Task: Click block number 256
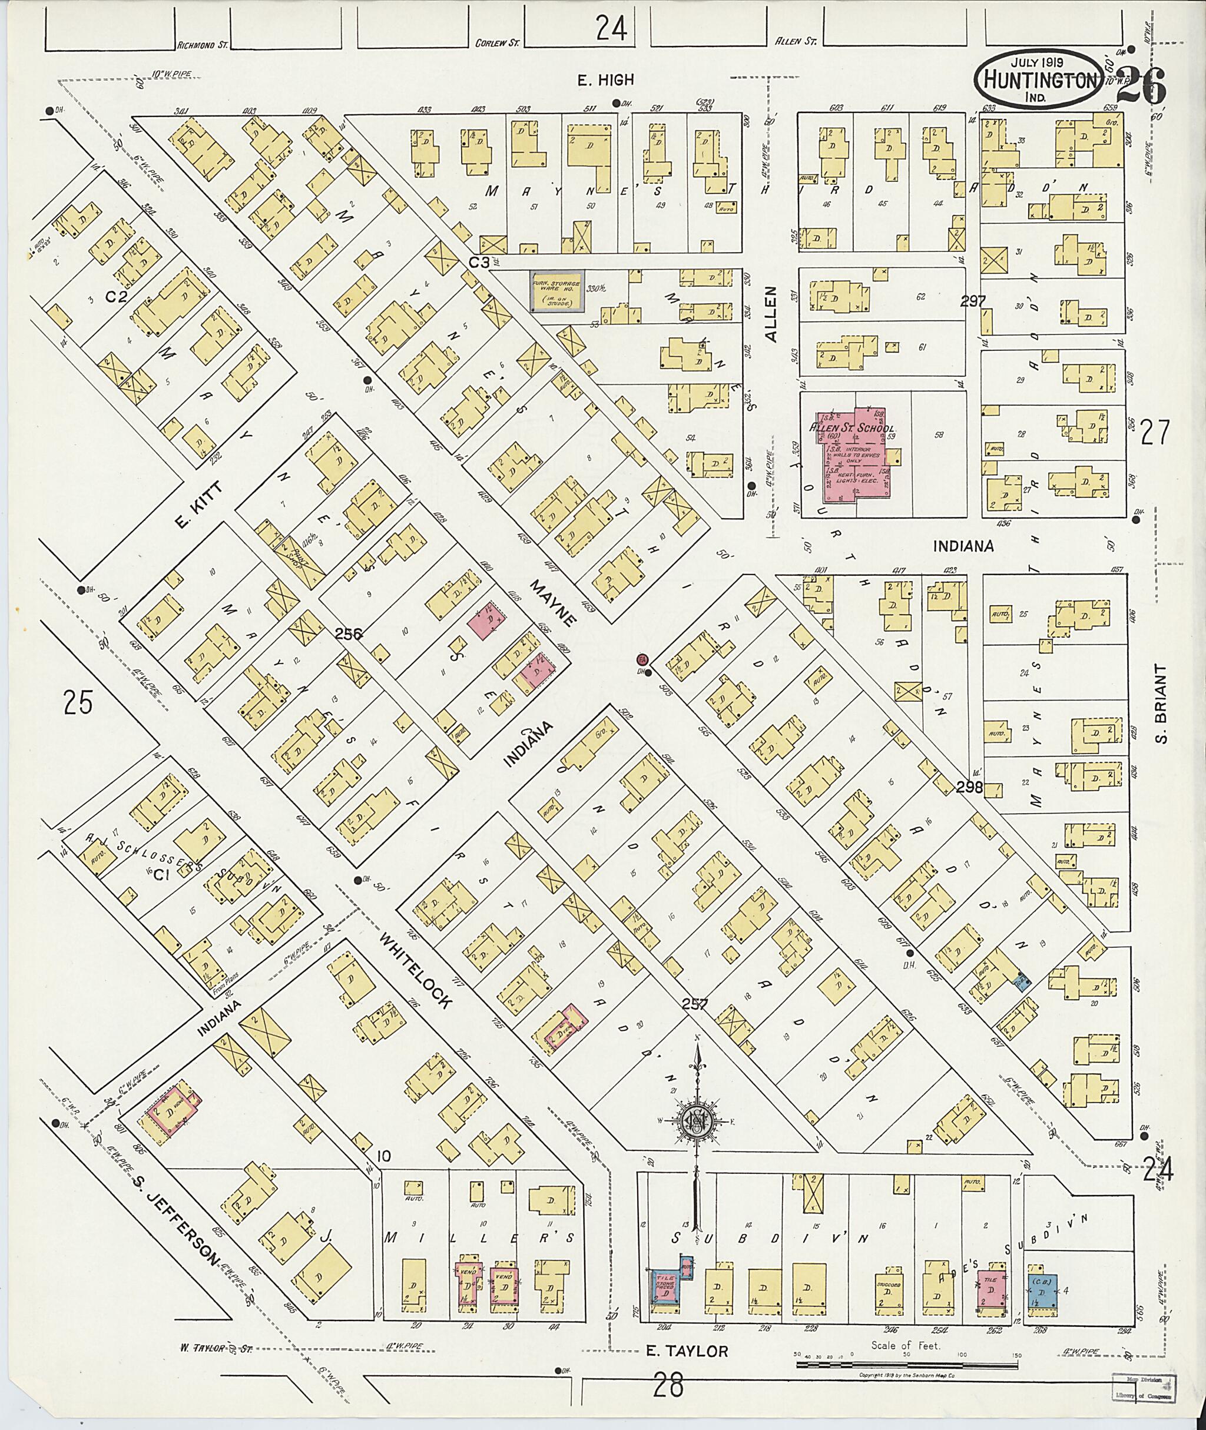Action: click(348, 633)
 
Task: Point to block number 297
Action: click(972, 301)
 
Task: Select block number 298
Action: click(969, 787)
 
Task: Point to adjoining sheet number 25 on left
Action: click(77, 701)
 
